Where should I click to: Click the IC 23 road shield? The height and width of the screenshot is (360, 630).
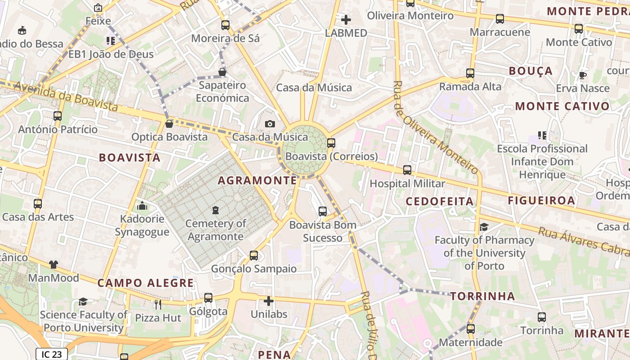point(52,354)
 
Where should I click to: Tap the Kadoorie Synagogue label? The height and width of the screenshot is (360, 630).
point(142,225)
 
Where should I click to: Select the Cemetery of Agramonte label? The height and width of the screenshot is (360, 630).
point(216,230)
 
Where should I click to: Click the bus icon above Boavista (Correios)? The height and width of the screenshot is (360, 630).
point(331,143)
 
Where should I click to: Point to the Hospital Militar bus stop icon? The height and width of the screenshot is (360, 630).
point(407,170)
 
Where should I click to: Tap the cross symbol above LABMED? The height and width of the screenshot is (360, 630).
point(346,20)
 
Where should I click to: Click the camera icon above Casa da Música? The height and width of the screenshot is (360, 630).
point(270,124)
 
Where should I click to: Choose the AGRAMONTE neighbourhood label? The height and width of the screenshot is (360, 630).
point(257,180)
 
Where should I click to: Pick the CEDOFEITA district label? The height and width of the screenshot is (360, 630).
point(440,201)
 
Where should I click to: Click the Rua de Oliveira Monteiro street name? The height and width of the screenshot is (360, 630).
point(436,128)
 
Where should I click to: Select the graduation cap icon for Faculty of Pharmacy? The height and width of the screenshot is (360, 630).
point(484,227)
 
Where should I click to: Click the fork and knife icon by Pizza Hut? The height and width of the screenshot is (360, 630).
point(157,305)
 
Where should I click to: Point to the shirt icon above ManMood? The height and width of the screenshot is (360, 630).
point(54,265)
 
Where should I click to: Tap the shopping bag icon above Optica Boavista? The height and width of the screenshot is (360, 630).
point(169,123)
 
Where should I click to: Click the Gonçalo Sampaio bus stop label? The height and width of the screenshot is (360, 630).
point(254,269)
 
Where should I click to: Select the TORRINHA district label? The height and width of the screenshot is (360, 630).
point(483,296)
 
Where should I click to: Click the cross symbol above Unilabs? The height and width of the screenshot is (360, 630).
point(269,301)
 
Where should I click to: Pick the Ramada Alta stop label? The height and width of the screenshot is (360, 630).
point(470,86)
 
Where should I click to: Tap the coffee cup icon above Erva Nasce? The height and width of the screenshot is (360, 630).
point(582,75)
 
